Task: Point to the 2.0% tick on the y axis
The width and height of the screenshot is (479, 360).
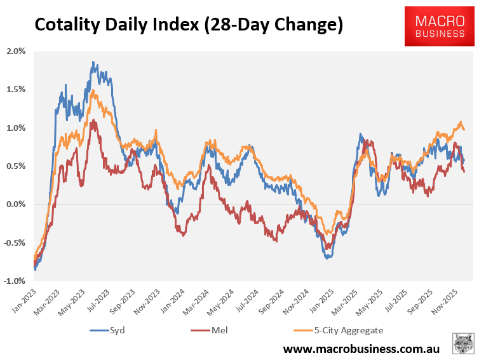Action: [x=15, y=51]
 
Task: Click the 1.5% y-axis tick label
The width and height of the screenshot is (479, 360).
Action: [x=15, y=90]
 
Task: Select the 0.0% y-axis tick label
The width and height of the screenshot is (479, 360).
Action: [x=15, y=204]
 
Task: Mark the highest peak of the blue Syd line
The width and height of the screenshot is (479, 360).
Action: [x=93, y=62]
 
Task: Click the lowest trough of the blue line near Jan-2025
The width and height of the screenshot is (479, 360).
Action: [x=327, y=258]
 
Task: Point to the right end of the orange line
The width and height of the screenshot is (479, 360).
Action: [x=464, y=130]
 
